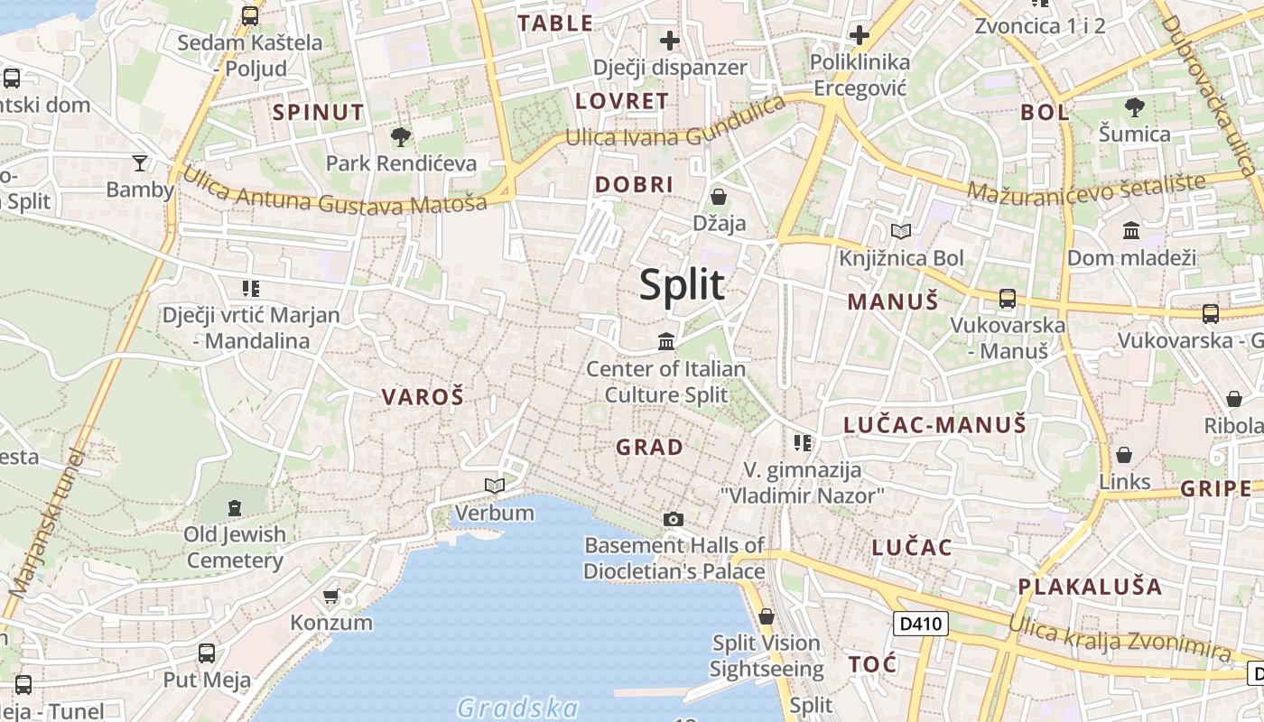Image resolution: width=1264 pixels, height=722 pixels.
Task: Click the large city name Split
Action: coord(682,285)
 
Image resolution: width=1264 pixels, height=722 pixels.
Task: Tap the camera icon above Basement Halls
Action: coord(673,519)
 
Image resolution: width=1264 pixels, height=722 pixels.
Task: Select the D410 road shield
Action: coord(921,623)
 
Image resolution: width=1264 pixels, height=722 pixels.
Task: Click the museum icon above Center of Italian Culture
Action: coord(666,341)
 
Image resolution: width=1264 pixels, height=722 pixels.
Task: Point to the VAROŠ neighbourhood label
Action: coord(423,396)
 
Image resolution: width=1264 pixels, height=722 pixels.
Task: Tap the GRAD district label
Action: coord(649,447)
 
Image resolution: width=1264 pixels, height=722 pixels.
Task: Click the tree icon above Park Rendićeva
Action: coord(401,137)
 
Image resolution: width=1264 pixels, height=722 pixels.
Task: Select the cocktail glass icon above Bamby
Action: coord(140,162)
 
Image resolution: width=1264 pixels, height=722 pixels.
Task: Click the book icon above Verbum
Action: coord(494,486)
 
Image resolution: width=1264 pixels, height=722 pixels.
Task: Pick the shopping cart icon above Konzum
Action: coord(331,596)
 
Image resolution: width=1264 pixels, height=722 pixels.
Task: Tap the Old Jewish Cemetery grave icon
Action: coord(235,508)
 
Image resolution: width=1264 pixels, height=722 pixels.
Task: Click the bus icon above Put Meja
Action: coord(207,653)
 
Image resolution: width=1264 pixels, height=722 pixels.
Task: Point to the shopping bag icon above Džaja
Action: coord(719,196)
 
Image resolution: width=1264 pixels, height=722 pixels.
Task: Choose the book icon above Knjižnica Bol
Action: coord(900,231)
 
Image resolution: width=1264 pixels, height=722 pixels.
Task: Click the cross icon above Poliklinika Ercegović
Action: coord(860,35)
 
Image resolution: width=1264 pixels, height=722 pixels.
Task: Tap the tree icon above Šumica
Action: coord(1135,107)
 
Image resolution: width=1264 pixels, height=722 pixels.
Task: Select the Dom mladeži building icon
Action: coord(1131,231)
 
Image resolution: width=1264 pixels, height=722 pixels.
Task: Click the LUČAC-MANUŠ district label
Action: coord(934,424)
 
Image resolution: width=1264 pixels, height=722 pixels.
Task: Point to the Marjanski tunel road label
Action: coord(45,523)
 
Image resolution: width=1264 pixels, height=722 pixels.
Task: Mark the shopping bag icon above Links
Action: coord(1124,455)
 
